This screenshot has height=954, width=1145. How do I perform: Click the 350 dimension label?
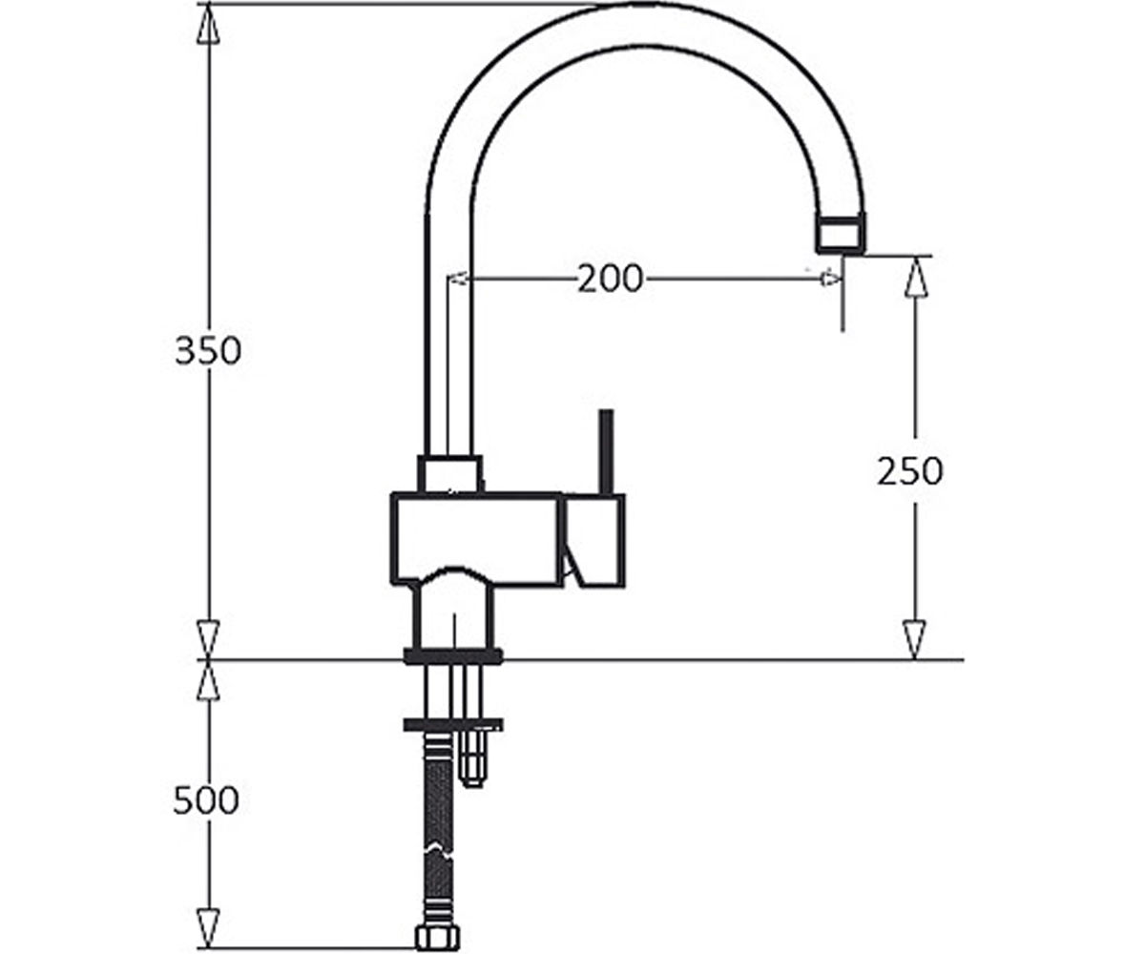pyautogui.click(x=208, y=351)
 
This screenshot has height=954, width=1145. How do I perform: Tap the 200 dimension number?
pyautogui.click(x=610, y=279)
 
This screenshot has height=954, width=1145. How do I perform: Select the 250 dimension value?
pyautogui.click(x=909, y=471)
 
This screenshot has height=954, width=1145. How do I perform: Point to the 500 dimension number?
pyautogui.click(x=206, y=800)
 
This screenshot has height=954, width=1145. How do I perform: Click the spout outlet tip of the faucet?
pyautogui.click(x=841, y=236)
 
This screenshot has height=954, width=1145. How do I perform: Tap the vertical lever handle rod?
pyautogui.click(x=606, y=452)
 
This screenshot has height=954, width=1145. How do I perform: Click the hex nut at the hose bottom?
pyautogui.click(x=438, y=938)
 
